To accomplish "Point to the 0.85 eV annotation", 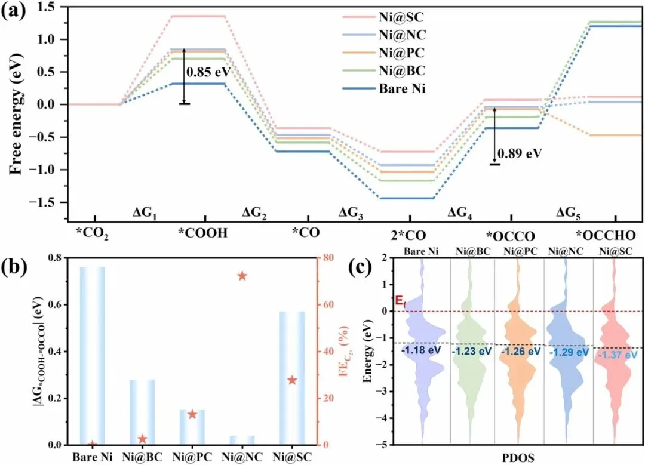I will (x=208, y=74).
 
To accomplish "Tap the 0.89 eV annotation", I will (x=519, y=153).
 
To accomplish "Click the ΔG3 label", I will (x=353, y=212).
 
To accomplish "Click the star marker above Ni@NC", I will (x=242, y=276).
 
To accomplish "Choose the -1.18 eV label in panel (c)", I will (x=420, y=350).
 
